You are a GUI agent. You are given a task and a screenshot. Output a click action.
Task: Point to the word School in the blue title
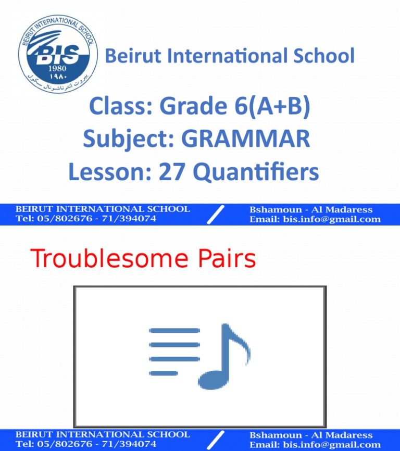click(321, 56)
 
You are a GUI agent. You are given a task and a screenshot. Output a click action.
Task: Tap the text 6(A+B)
click(272, 108)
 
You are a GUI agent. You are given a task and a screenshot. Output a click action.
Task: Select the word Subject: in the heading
click(129, 139)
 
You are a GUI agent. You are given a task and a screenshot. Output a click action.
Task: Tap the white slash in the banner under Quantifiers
click(216, 214)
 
